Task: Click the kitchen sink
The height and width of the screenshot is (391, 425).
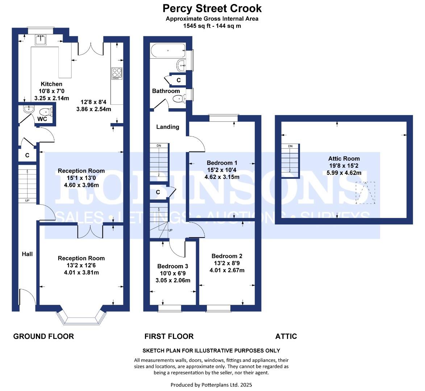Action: coord(41,39)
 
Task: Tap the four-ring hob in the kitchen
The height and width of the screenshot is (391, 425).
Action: coord(117,73)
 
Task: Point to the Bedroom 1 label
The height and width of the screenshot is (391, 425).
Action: coord(222,163)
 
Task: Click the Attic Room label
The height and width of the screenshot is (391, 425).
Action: coord(344,158)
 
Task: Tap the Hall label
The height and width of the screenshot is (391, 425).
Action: coord(27,254)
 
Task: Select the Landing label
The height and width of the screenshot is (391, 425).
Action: coord(167,127)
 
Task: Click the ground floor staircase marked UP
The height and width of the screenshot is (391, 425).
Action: coord(27,185)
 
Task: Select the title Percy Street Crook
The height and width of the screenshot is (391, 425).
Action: coord(212,8)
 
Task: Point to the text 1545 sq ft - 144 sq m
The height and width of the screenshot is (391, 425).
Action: coord(212,26)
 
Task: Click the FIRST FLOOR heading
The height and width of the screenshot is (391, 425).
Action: coord(169,336)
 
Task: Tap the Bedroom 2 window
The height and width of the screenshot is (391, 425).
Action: coord(218,308)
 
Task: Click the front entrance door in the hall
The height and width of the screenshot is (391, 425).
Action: coord(27,299)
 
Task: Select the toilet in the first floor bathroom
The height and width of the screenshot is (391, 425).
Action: coord(178,99)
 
